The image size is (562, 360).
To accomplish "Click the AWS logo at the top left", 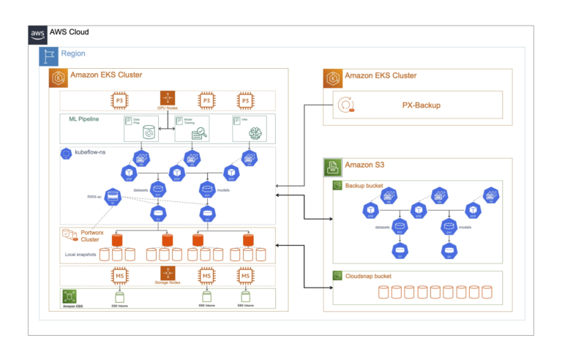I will coord(38,34).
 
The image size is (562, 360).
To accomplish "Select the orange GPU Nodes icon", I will coord(168,99).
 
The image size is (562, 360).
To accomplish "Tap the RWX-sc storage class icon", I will coord(113,196).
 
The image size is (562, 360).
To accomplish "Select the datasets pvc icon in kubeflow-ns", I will coord(157,189).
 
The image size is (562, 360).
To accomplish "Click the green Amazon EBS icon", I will coord(70,296).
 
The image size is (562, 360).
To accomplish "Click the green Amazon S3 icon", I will coord(334,168).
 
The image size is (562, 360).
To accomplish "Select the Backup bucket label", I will coord(366,186).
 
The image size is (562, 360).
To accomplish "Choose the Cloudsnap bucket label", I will coord(371,276).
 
